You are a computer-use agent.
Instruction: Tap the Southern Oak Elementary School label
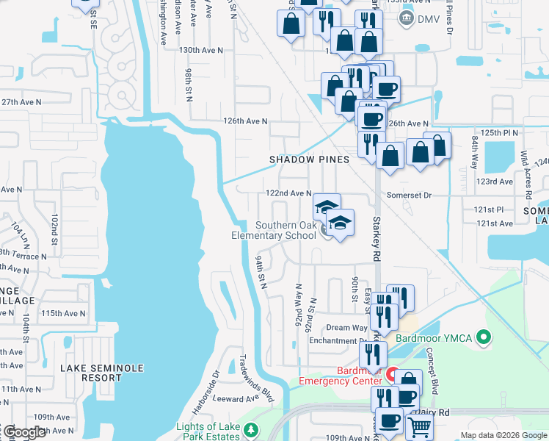pos(285,231)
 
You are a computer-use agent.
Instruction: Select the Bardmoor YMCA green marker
pos(483,338)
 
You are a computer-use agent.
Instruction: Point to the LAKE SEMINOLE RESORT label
pos(102,373)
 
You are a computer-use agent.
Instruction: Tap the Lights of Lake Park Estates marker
pos(252,429)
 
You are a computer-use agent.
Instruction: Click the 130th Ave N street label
pos(200,50)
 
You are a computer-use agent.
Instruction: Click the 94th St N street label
pos(259,272)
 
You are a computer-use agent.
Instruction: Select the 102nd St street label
pos(54,229)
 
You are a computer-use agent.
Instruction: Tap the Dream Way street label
pos(346,328)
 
